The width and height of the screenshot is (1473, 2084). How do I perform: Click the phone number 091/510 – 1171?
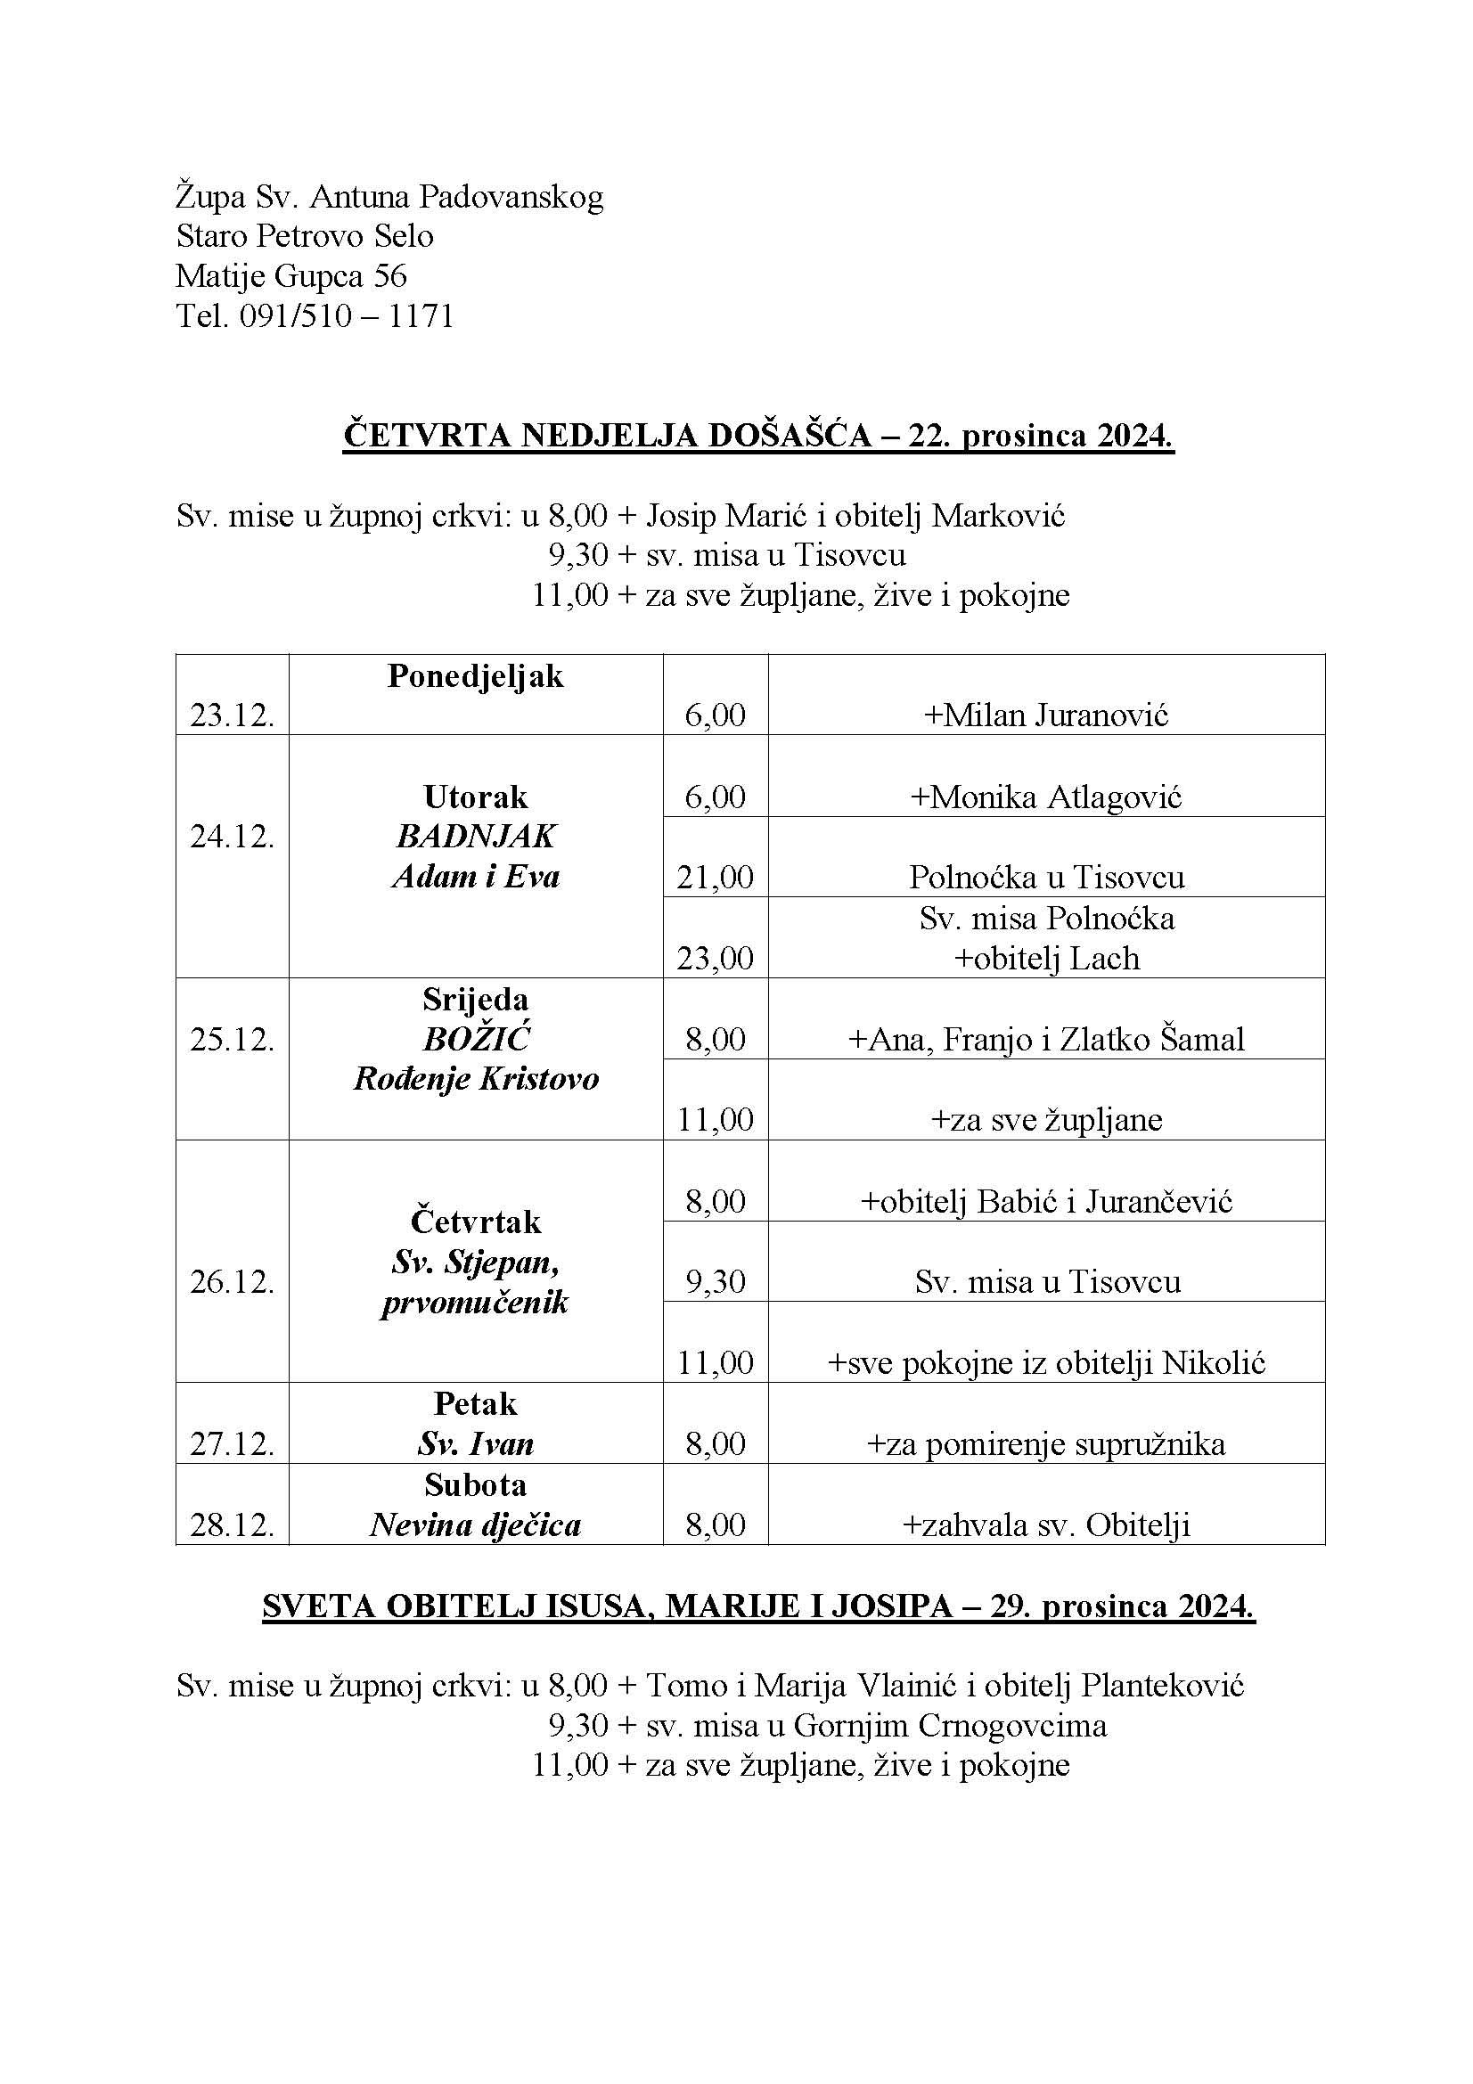click(346, 316)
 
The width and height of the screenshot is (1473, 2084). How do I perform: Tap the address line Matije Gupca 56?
click(291, 276)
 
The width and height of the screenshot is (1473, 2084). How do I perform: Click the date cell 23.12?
click(232, 716)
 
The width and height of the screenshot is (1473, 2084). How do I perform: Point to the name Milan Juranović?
click(1055, 716)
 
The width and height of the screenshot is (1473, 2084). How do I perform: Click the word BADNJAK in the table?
click(476, 837)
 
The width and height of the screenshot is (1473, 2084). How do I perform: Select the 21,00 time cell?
click(716, 878)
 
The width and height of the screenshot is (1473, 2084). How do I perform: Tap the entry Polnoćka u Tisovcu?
click(1046, 878)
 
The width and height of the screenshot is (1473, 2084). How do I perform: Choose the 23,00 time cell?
click(716, 959)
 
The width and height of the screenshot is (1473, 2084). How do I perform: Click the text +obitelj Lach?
click(1046, 959)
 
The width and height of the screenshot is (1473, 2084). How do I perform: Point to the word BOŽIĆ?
click(476, 1039)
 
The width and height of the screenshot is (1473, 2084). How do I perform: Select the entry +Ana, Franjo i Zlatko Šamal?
click(1046, 1039)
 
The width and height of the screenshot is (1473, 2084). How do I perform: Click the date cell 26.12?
click(232, 1281)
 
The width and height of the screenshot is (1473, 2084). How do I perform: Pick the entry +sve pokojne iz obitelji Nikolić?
click(1046, 1362)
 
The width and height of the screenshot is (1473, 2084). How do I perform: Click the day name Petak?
click(476, 1404)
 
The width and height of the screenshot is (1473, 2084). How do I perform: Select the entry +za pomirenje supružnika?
click(1046, 1444)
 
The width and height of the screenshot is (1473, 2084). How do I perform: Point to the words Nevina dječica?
click(475, 1524)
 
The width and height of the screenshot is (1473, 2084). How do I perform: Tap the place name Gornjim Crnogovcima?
click(950, 1726)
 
